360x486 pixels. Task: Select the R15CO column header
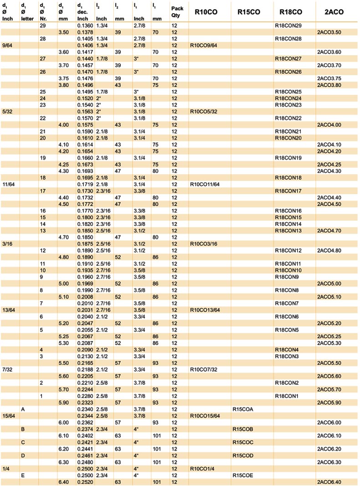(249, 12)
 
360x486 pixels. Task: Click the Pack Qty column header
(177, 12)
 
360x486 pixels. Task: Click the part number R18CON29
(288, 26)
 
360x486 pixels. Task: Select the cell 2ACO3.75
(329, 78)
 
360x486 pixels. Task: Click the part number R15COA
(242, 409)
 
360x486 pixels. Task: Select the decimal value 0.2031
(85, 310)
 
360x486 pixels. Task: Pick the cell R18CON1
(286, 396)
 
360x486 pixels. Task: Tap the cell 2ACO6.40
(329, 481)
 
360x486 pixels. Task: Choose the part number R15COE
(242, 475)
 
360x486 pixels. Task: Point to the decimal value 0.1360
(85, 26)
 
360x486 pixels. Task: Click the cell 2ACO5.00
(329, 284)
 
